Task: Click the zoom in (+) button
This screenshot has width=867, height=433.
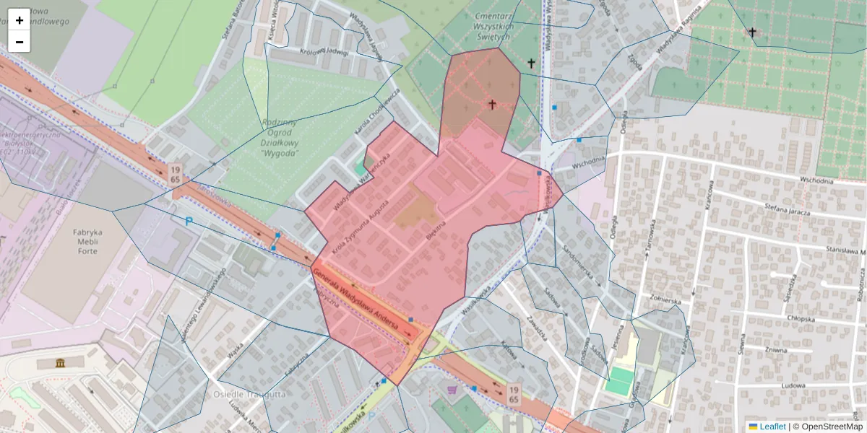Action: click(x=20, y=20)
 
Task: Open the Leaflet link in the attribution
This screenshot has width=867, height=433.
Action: click(x=772, y=427)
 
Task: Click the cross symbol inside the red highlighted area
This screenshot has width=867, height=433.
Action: click(x=492, y=105)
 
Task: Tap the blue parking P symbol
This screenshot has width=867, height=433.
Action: click(x=189, y=222)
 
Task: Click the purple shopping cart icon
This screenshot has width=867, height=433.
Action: click(x=453, y=390)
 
